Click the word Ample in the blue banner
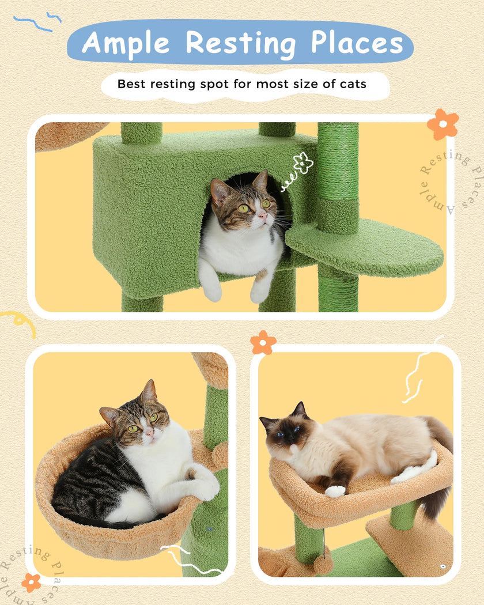pyautogui.click(x=126, y=43)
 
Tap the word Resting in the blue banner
pyautogui.click(x=240, y=43)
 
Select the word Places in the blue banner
pyautogui.click(x=357, y=43)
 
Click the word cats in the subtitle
pyautogui.click(x=352, y=84)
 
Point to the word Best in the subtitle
pyautogui.click(x=131, y=84)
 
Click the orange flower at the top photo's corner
pyautogui.click(x=443, y=124)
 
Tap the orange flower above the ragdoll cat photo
pyautogui.click(x=263, y=342)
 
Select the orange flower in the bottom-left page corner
pyautogui.click(x=31, y=582)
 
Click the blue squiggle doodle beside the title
pyautogui.click(x=37, y=22)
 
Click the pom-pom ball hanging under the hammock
pyautogui.click(x=323, y=565)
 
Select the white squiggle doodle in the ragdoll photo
pyautogui.click(x=418, y=372)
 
